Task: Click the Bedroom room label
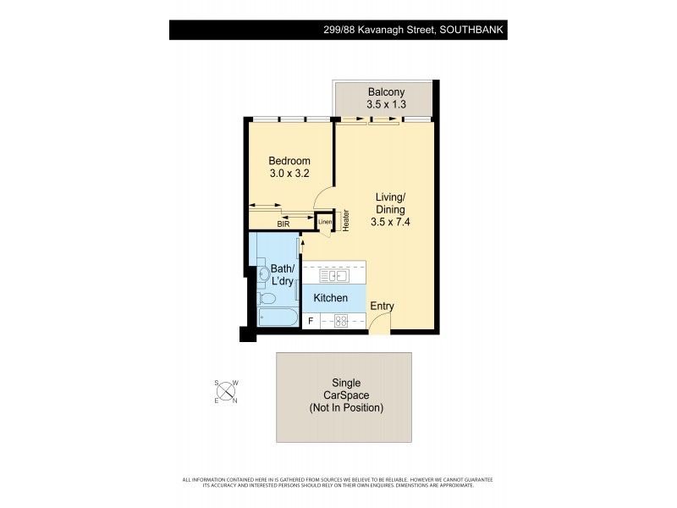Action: point(289,161)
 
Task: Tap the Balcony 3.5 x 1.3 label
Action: point(387,93)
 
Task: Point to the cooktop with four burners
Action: point(343,321)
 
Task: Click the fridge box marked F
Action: point(311,321)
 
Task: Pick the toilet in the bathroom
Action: point(266,300)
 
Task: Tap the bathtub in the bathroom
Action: point(278,319)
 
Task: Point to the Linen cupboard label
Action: point(325,222)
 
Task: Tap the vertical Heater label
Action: point(345,220)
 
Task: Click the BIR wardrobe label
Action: point(283,224)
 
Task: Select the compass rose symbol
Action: point(227,391)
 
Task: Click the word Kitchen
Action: point(331,298)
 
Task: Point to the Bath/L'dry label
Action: point(282,275)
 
